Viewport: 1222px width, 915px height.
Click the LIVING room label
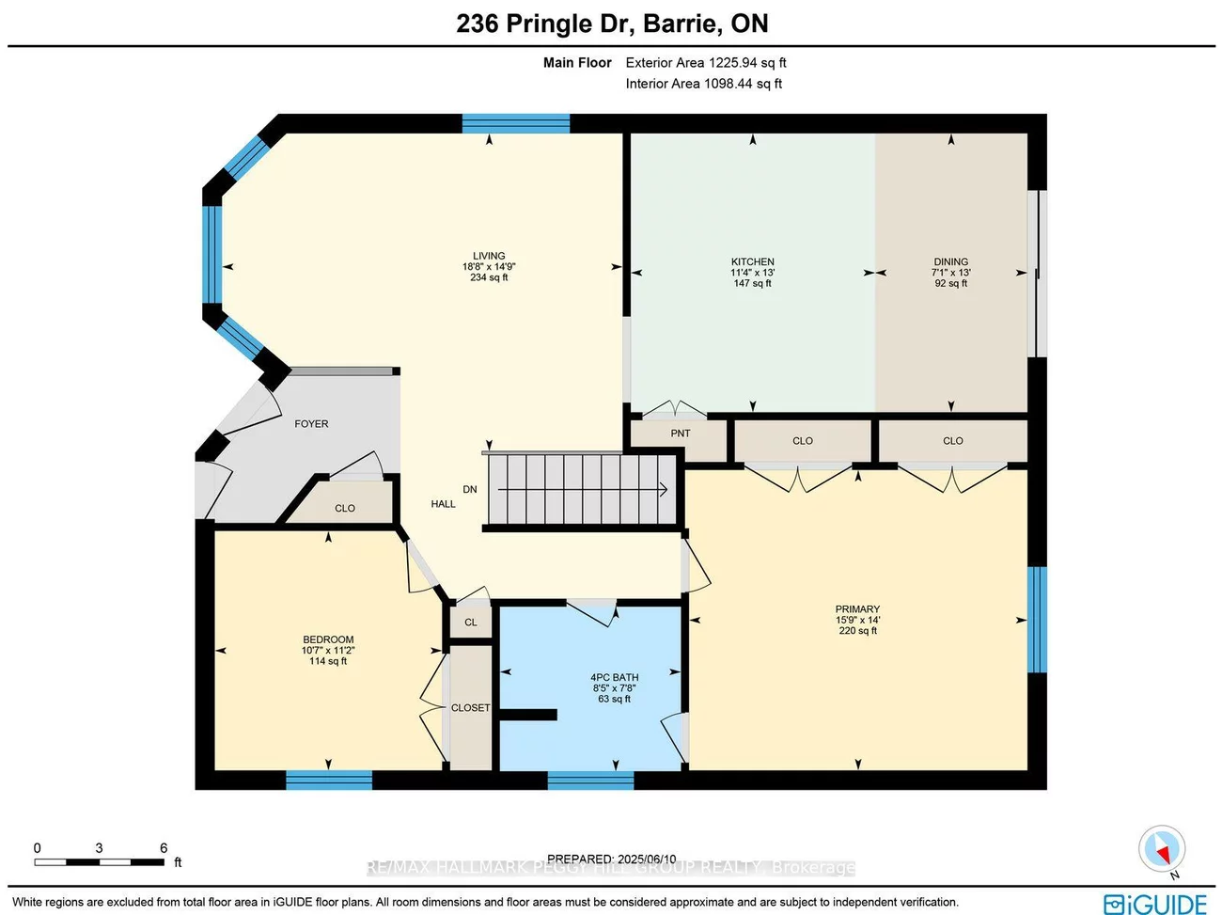(x=489, y=256)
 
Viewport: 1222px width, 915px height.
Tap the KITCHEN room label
(x=752, y=261)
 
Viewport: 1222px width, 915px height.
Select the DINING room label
(x=950, y=261)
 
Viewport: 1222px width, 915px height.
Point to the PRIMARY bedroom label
(x=857, y=609)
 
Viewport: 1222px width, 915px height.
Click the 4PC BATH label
(x=614, y=677)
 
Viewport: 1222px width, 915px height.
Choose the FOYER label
(x=311, y=424)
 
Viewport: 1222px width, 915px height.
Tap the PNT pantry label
(x=681, y=434)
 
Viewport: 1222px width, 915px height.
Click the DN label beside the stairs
(x=470, y=489)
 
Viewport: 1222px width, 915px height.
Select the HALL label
(x=443, y=504)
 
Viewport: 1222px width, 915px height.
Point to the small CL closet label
(x=471, y=623)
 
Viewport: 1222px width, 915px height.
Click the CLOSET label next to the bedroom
(x=470, y=708)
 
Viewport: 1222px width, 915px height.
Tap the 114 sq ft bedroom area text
(x=328, y=661)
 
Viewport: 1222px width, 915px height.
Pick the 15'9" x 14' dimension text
(x=857, y=620)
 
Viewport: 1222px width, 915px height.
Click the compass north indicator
(x=1162, y=850)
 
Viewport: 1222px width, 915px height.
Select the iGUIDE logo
(x=1155, y=903)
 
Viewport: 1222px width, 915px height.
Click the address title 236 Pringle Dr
(x=612, y=24)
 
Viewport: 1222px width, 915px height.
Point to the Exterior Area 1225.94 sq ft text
(x=706, y=63)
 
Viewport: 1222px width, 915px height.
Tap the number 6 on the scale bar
(x=164, y=848)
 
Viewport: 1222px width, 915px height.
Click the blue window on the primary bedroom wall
(x=1037, y=620)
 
